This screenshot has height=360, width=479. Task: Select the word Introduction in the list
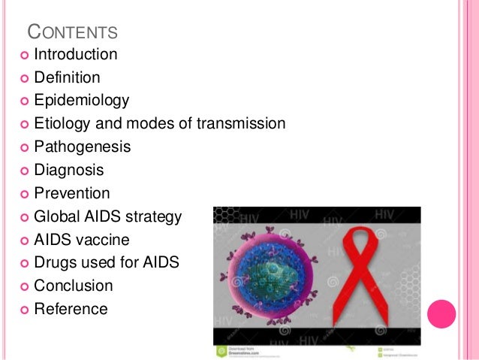point(76,54)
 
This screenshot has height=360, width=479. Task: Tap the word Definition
point(67,77)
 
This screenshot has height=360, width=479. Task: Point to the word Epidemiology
point(82,101)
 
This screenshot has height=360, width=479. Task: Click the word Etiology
point(62,124)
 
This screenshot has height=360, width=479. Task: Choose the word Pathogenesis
point(83,147)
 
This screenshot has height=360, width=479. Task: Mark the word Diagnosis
point(69,170)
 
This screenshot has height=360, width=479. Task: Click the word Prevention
point(72,193)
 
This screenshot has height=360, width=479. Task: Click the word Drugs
point(55,263)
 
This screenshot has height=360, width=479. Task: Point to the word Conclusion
point(74,286)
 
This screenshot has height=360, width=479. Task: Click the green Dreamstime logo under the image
point(222,351)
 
